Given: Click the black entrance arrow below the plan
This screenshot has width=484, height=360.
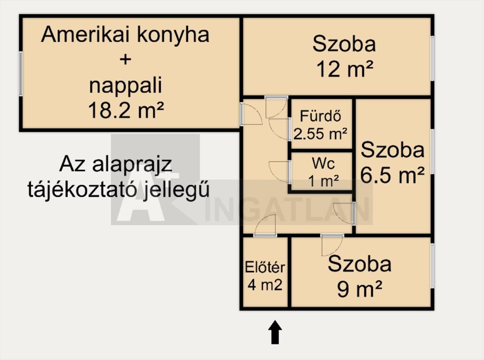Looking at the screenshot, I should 275,332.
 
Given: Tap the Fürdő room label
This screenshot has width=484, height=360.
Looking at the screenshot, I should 321,116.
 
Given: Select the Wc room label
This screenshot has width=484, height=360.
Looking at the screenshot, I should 323,164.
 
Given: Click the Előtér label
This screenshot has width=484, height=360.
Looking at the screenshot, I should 265,267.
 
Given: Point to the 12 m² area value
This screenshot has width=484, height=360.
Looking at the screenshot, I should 344,70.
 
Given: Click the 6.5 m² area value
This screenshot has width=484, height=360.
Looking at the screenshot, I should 392,176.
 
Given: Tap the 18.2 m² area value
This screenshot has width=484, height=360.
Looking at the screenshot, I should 125,110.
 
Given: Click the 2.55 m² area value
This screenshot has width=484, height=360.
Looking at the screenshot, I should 321,134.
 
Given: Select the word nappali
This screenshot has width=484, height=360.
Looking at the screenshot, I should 125,85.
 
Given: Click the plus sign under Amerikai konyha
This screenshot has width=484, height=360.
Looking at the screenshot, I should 125,60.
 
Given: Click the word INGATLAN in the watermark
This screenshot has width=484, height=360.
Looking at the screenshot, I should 288,210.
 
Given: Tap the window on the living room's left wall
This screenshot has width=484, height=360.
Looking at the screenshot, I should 21,74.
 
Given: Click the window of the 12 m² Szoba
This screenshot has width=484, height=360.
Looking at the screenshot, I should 432,59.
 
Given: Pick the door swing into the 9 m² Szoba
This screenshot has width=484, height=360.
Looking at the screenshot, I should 332,245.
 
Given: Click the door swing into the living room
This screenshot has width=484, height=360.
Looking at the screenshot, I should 251,115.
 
